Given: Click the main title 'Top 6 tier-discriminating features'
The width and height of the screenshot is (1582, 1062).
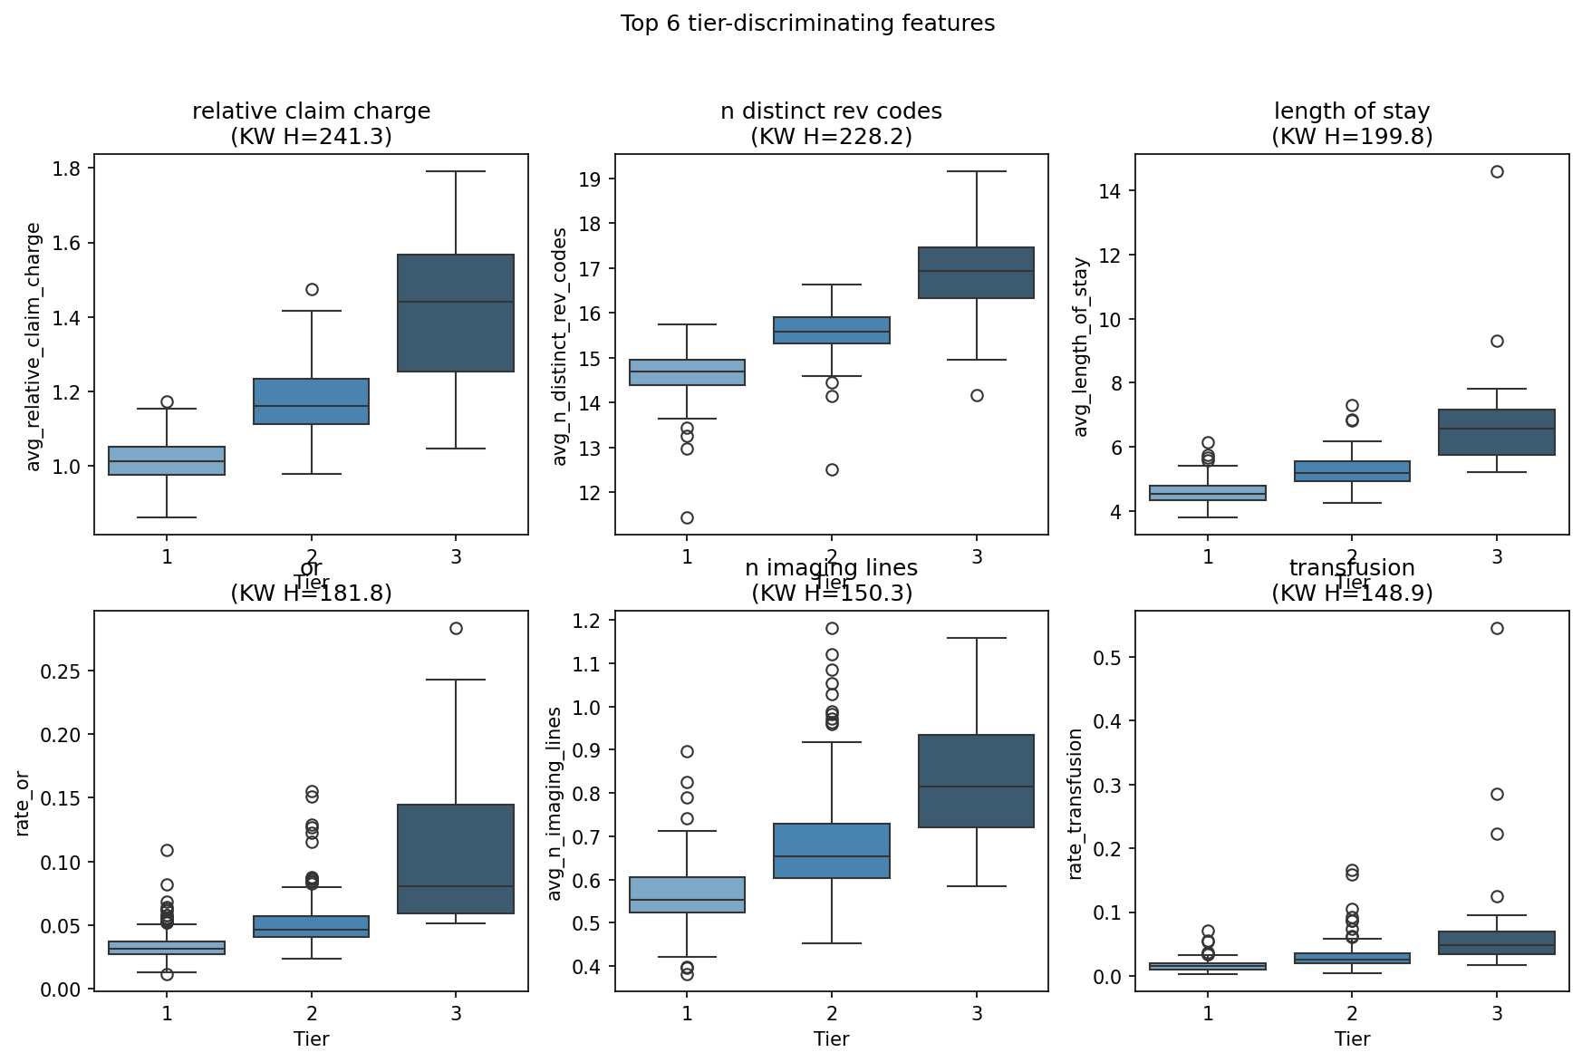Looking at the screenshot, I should point(806,24).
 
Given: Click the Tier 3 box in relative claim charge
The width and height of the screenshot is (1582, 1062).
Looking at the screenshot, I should point(456,313).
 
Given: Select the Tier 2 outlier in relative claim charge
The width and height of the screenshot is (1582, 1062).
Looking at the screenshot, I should point(312,289).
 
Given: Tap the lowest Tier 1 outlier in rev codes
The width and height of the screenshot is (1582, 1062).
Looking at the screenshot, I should point(687,517).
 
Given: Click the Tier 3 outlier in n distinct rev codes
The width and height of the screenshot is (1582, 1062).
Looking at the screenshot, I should point(977,395).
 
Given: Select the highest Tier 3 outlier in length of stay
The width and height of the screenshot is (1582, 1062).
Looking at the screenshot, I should point(1497,171).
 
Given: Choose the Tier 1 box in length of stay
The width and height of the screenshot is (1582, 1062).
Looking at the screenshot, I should point(1208,493).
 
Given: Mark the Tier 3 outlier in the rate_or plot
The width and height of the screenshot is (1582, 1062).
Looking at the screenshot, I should point(456,628).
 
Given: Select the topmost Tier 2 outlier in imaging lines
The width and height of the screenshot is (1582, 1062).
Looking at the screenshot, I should point(832,628).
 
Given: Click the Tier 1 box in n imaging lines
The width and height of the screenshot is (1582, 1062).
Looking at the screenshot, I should point(687,894).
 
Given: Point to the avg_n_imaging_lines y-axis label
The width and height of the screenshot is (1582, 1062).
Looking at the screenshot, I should point(554,804).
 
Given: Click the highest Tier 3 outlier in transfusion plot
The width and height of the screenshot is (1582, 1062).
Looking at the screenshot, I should point(1497,628).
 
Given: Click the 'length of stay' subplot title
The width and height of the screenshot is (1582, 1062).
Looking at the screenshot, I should point(1352,111).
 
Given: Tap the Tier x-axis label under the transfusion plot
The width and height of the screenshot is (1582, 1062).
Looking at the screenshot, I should point(1352,1038).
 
